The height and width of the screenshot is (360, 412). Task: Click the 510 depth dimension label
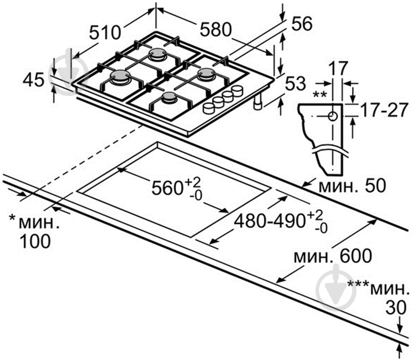point(105,32)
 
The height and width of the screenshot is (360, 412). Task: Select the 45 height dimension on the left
point(34,80)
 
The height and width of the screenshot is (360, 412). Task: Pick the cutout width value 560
point(167,188)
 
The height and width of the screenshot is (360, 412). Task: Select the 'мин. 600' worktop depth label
point(332,256)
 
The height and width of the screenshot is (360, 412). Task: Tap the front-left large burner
point(120,76)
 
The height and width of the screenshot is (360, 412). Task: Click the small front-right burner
point(169,97)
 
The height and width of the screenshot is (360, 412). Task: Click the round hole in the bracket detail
point(332,116)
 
